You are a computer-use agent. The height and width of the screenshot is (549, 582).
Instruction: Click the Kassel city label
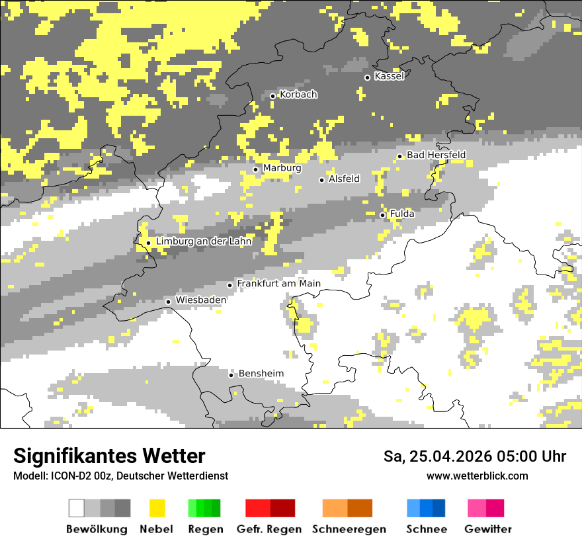[389, 76]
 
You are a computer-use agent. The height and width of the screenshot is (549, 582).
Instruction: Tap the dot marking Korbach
[272, 96]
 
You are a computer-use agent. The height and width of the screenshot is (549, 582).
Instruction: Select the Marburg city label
[282, 168]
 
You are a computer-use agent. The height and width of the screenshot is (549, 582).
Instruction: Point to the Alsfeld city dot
[322, 180]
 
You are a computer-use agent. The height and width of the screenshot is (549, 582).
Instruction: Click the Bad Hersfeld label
[436, 155]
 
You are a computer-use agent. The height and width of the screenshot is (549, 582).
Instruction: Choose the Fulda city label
[402, 214]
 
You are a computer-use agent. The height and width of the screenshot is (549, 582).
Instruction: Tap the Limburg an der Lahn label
[204, 241]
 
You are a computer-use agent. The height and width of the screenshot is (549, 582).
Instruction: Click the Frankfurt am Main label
[278, 284]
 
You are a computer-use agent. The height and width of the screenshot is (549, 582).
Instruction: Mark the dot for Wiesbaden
[169, 302]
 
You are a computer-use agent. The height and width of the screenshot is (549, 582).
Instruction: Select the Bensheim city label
[261, 374]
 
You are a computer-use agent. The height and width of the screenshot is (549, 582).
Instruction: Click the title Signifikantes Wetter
[109, 456]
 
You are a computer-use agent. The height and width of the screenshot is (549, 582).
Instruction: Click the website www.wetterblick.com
[477, 476]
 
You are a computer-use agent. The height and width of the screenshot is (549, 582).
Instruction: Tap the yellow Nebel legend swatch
[157, 508]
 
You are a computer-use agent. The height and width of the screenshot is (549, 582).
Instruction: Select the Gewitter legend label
[488, 529]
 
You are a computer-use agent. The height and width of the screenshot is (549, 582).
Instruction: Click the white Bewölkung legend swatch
[77, 508]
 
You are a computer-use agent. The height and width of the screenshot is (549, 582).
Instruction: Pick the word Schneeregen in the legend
[349, 529]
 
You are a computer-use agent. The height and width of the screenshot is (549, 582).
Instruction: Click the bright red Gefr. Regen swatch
[258, 508]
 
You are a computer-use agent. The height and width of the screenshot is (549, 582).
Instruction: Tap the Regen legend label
[204, 529]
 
